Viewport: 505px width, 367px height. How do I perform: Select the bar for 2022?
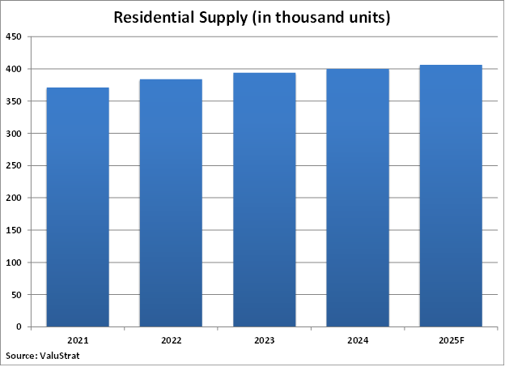coord(171,203)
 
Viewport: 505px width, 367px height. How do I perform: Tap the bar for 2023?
coord(264,199)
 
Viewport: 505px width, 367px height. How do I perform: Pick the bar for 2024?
coord(357,198)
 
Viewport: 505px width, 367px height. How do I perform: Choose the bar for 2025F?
coord(451,195)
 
